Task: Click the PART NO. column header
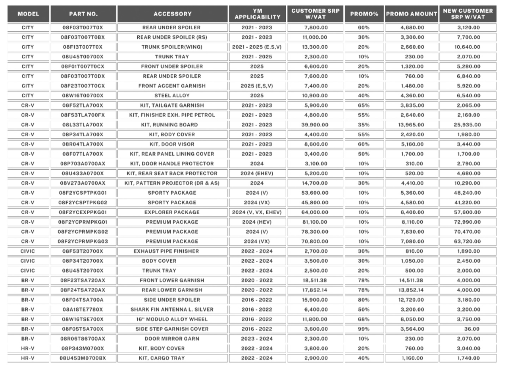click(x=83, y=14)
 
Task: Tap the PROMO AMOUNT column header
click(x=412, y=14)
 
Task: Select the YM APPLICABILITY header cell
click(x=257, y=14)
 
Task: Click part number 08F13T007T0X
click(x=83, y=47)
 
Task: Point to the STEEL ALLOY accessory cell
click(x=172, y=96)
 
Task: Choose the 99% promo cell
click(x=364, y=329)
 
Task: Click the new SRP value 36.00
click(x=468, y=329)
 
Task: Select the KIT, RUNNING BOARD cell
click(x=172, y=125)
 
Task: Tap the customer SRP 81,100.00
click(x=316, y=222)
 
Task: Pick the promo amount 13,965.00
click(x=412, y=125)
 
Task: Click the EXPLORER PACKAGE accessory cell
click(x=172, y=212)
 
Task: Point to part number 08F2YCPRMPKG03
click(x=83, y=242)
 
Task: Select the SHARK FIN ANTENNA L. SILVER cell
click(x=172, y=310)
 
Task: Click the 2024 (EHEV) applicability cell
click(x=257, y=174)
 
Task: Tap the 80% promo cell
click(x=364, y=300)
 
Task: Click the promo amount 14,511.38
click(x=412, y=281)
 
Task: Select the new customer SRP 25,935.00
click(x=468, y=125)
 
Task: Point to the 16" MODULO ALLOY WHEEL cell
click(x=172, y=319)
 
